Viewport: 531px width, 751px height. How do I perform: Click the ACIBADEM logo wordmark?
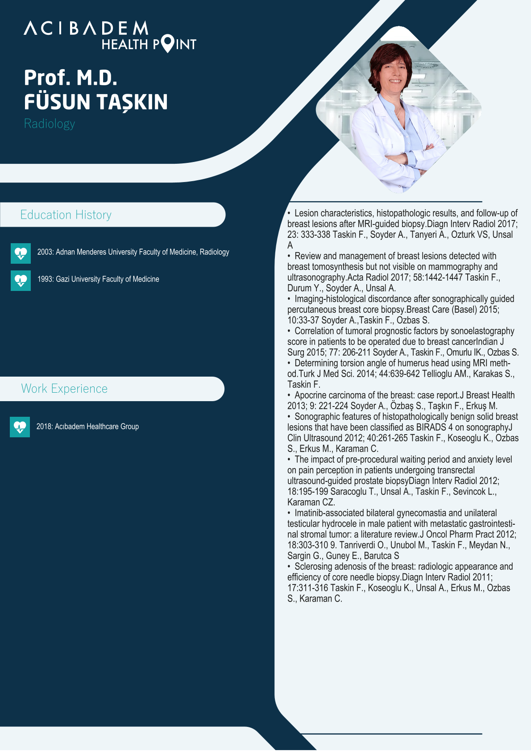pos(86,28)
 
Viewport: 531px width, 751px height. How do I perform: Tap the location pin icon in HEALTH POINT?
pos(167,43)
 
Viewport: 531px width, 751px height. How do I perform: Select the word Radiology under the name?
pos(50,124)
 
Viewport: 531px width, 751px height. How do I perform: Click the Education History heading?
pos(66,215)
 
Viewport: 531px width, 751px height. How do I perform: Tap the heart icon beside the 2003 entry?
pos(21,253)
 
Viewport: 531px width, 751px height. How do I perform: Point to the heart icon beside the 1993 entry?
pos(21,281)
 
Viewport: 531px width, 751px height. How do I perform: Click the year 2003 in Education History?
pos(45,252)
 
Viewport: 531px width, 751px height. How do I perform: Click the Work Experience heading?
pos(64,389)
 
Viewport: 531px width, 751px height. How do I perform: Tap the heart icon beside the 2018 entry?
pos(20,427)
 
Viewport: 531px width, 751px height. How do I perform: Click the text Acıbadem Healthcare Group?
pos(97,427)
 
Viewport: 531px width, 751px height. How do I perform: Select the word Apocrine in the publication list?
pos(310,395)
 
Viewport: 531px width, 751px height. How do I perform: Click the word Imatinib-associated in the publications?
pos(329,513)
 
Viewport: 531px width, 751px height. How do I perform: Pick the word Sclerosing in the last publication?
pos(313,567)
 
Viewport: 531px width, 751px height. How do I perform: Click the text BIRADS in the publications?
pos(431,427)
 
